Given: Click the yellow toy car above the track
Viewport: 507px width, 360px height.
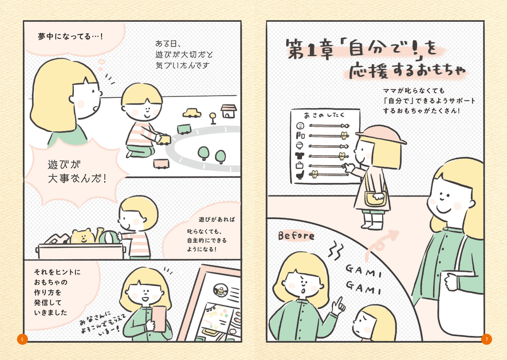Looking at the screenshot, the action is [x=192, y=113].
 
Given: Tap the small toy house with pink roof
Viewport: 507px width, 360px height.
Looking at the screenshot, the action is [x=229, y=111].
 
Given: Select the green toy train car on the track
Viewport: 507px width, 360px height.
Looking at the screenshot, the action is [x=184, y=130].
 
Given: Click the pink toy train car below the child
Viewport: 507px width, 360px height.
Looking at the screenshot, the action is [x=161, y=164].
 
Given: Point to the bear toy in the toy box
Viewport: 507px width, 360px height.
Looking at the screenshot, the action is [x=82, y=236].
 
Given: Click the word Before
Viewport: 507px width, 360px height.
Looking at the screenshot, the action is [x=296, y=236].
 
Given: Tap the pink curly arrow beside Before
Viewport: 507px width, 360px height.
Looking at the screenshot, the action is [x=381, y=244].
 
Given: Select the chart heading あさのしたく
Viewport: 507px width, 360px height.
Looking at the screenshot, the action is [x=324, y=115].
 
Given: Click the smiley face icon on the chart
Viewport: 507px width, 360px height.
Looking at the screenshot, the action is [x=300, y=126].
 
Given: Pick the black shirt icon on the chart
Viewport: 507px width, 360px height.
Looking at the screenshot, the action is [x=300, y=155].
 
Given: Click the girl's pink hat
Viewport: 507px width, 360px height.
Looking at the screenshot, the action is [x=381, y=134].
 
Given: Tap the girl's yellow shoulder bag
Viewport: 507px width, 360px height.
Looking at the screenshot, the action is [x=375, y=198].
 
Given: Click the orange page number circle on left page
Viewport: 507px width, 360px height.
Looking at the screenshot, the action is [x=22, y=339].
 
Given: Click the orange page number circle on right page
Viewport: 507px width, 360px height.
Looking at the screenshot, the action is [x=486, y=339].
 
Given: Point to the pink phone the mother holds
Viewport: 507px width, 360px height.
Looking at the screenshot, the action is [x=159, y=319].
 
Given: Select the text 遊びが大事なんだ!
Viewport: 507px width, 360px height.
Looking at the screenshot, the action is [x=77, y=171].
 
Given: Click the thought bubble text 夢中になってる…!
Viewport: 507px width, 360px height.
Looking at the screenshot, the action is [x=70, y=37].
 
